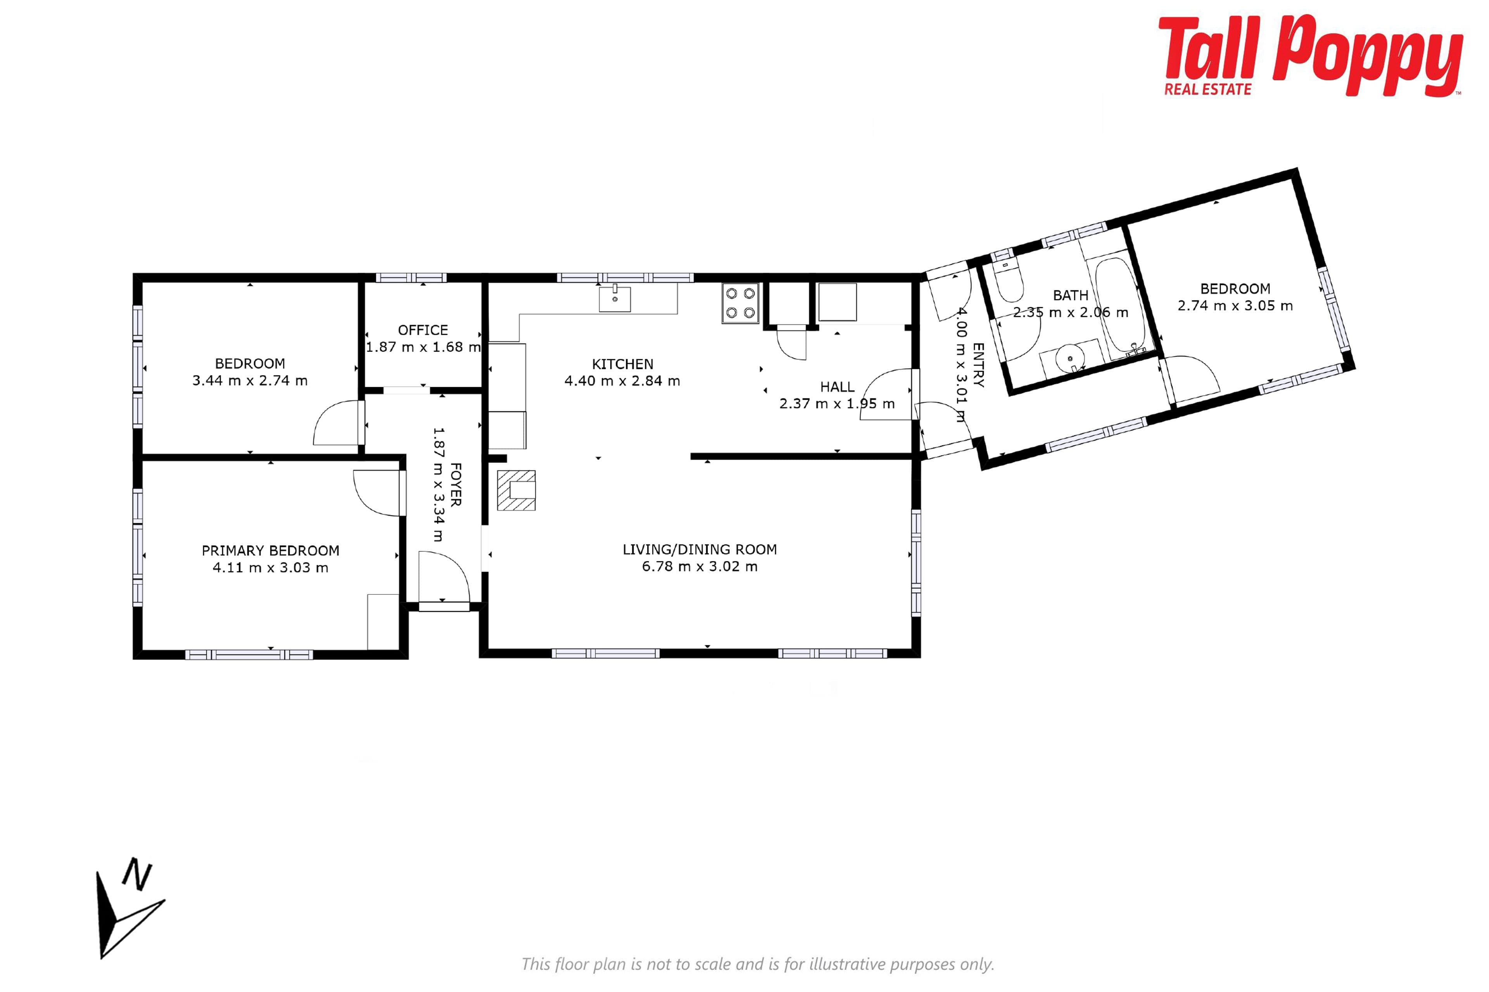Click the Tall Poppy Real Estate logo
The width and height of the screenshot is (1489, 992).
point(1311,56)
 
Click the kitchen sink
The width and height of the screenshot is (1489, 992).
point(615,299)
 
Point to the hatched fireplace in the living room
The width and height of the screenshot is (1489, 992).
point(516,490)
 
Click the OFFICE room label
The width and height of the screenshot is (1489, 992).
point(423,330)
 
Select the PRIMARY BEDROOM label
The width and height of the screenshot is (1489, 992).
point(270,550)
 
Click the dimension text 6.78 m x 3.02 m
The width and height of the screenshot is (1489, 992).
point(700,566)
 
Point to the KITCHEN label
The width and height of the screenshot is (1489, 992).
point(622,364)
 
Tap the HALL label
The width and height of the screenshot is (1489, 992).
point(837,387)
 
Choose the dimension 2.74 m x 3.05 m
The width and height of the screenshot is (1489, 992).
point(1235,306)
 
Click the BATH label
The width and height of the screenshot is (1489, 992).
point(1071,295)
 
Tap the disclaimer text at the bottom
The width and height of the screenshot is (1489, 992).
point(758,964)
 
